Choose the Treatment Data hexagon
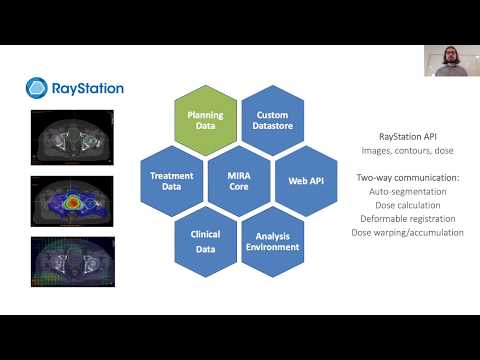[x=172, y=179]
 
